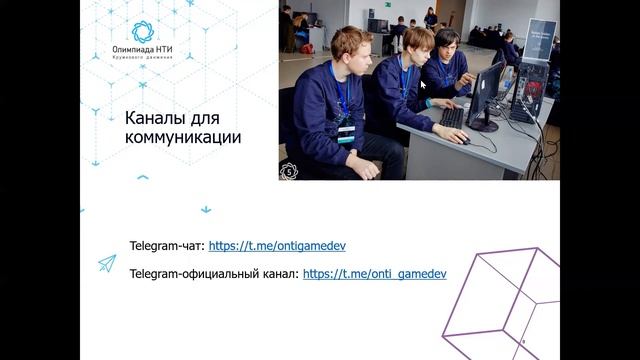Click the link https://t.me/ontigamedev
coord(277,245)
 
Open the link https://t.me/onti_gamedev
coord(374,272)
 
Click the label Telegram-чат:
coord(166,245)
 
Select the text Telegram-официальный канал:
coord(213,272)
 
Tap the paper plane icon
coord(106,263)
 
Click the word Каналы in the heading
coord(156,118)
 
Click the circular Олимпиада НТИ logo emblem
coord(143,31)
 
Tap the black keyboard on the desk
coord(452,117)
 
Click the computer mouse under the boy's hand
coord(463,140)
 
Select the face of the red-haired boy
coord(353,47)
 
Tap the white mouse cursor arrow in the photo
coord(423,85)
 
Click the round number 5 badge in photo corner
coord(291,170)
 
